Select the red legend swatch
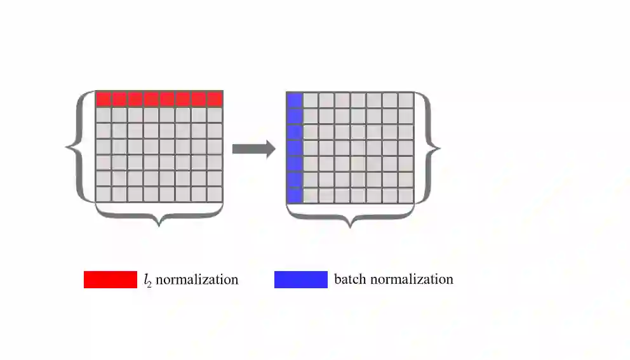click(110, 279)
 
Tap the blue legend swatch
click(300, 279)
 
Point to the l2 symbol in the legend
click(147, 280)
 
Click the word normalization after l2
click(197, 279)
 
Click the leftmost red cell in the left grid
click(104, 99)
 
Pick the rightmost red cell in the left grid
click(215, 99)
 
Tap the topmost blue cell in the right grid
click(295, 100)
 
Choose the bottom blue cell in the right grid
click(295, 195)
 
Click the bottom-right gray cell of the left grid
click(215, 194)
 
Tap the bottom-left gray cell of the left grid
click(104, 194)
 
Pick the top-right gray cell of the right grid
click(406, 100)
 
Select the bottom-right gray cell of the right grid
click(406, 195)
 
